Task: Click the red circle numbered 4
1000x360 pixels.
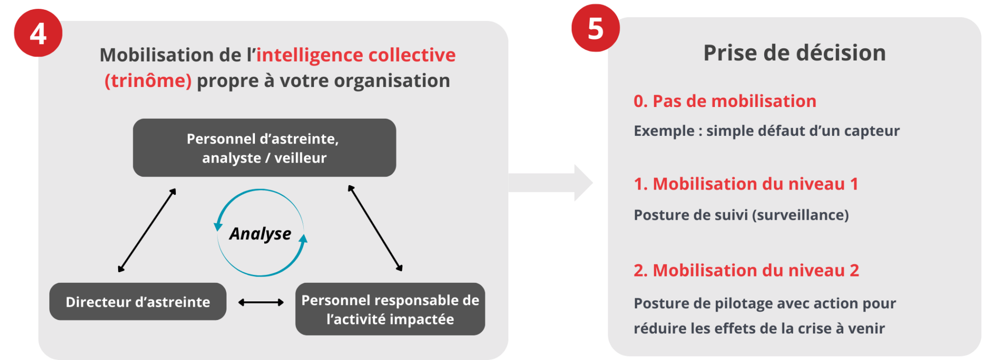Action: click(x=38, y=33)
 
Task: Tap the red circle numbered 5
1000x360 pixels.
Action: click(x=595, y=28)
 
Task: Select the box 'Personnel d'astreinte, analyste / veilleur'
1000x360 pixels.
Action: click(x=264, y=148)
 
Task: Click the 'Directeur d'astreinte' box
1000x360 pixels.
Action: click(x=138, y=302)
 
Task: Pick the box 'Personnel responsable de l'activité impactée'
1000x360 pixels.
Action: click(x=390, y=309)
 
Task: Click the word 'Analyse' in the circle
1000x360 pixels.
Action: click(x=260, y=233)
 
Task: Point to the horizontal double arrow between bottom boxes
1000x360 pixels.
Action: click(x=261, y=302)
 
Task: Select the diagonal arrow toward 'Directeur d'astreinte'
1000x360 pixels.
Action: click(x=146, y=230)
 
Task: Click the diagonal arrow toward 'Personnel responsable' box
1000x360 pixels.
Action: click(x=375, y=228)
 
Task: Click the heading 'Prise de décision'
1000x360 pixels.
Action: click(x=794, y=53)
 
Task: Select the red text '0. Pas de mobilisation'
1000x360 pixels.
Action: click(x=725, y=101)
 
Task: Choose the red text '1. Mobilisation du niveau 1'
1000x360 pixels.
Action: click(x=746, y=184)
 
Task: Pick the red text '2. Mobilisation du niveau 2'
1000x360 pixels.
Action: click(x=746, y=270)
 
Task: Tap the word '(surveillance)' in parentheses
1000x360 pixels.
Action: click(x=800, y=215)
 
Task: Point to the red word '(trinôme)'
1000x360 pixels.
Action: click(x=148, y=81)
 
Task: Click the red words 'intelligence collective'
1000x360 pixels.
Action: click(x=356, y=55)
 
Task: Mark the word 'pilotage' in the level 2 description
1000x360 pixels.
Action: click(x=742, y=303)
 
